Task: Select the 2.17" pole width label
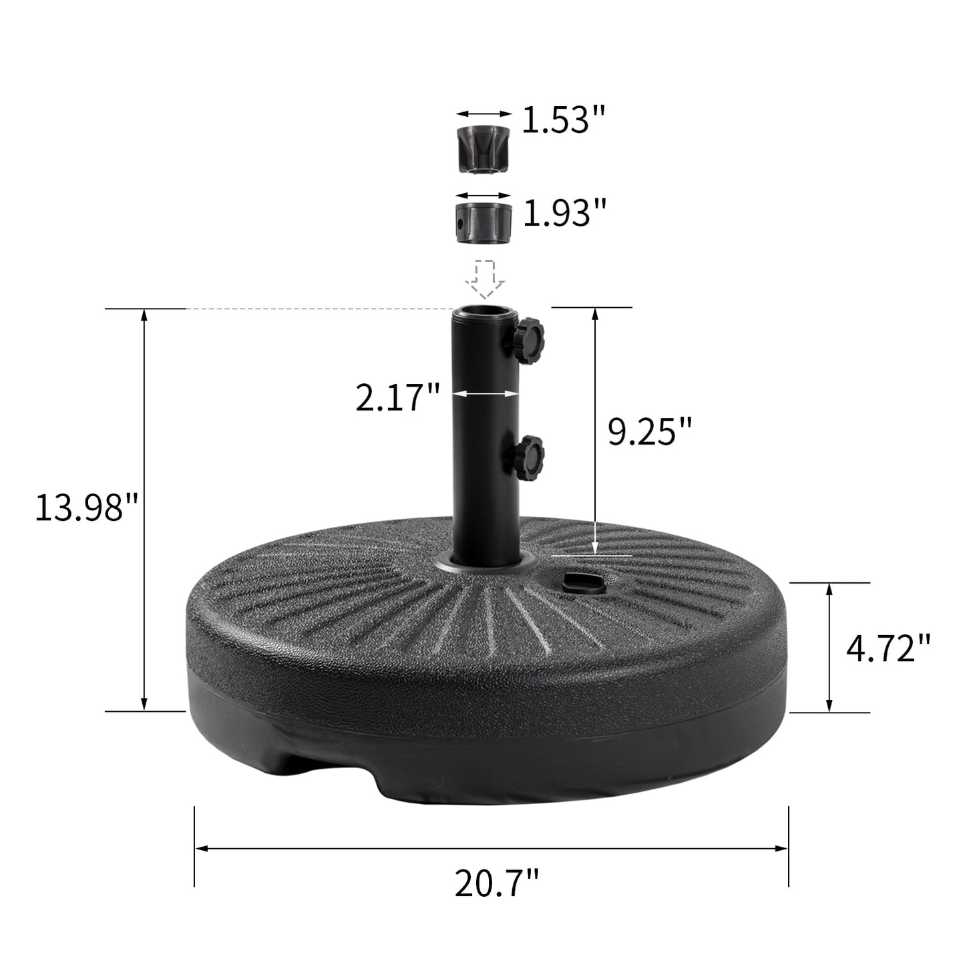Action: (397, 398)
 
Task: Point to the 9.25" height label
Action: (650, 431)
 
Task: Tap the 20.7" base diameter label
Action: (496, 884)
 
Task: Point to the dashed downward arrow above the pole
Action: (487, 278)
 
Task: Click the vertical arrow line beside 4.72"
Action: (829, 647)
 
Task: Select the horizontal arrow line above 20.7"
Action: (492, 848)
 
